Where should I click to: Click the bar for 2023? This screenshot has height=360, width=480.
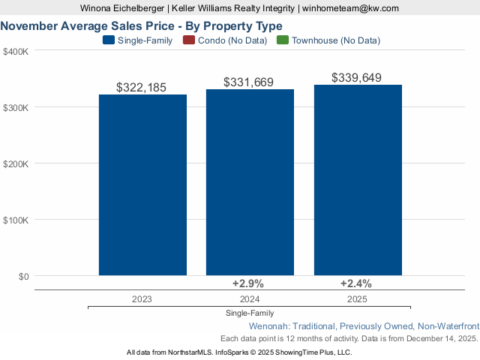142,184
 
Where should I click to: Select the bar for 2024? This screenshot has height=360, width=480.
250,182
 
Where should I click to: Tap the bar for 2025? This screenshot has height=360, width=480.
358,180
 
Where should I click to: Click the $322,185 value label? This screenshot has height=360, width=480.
142,88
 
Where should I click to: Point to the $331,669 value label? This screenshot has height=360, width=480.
250,82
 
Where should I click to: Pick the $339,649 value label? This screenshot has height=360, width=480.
358,77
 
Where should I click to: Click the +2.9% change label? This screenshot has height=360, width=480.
247,283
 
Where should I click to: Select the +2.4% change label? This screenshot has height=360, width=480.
355,283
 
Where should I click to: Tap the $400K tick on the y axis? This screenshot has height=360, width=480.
16,52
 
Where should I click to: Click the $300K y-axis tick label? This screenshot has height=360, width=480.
16,108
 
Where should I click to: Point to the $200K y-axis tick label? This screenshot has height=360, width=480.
16,164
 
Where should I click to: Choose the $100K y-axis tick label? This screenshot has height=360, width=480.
16,220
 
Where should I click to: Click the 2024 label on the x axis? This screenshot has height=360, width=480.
250,298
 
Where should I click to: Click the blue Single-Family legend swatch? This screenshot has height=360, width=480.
109,40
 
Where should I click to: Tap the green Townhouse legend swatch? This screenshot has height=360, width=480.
283,40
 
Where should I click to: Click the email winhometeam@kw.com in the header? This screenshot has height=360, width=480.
350,7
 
